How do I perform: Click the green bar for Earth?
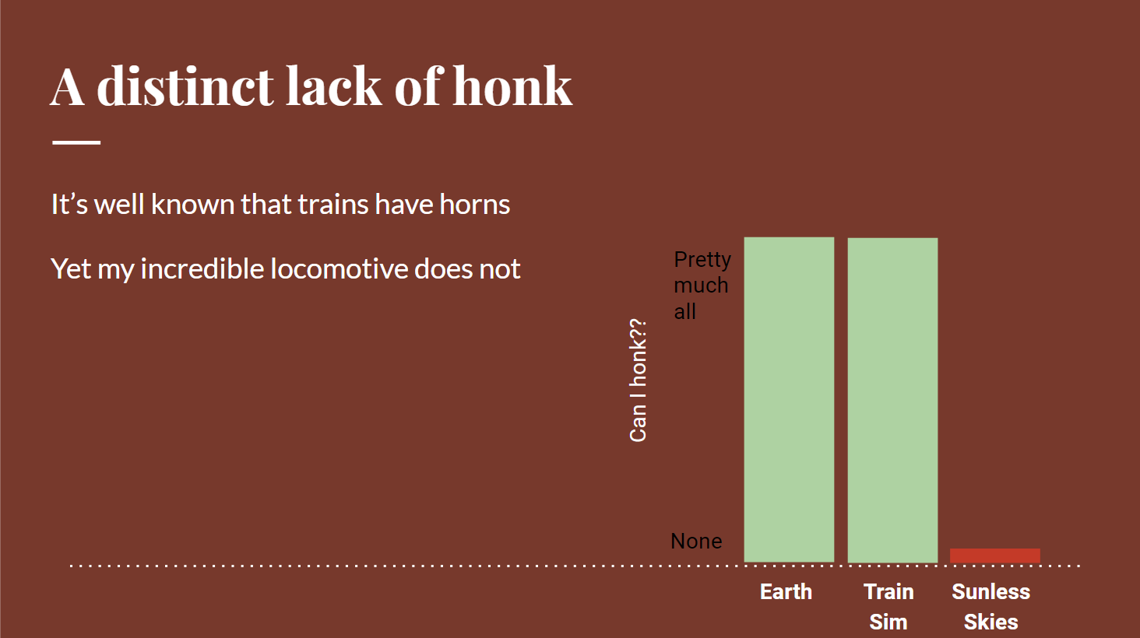click(x=789, y=400)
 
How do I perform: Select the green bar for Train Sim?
click(x=892, y=400)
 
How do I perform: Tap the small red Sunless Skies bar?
click(x=995, y=556)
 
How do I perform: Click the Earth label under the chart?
click(x=786, y=592)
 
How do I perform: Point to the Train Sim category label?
click(x=888, y=607)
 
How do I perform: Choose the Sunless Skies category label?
click(x=991, y=607)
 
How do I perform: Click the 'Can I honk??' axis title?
click(x=638, y=380)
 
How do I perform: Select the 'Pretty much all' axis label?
click(x=702, y=286)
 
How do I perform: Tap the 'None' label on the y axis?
click(x=696, y=541)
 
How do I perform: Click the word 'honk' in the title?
click(x=512, y=86)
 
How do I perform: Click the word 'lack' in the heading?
click(x=334, y=86)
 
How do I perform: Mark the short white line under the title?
click(x=76, y=143)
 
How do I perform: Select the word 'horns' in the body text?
click(x=475, y=205)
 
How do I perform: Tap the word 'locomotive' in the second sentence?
click(x=340, y=268)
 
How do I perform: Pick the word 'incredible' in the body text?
click(x=202, y=268)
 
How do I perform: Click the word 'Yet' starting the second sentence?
click(x=71, y=268)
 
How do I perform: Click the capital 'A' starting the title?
click(x=67, y=87)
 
